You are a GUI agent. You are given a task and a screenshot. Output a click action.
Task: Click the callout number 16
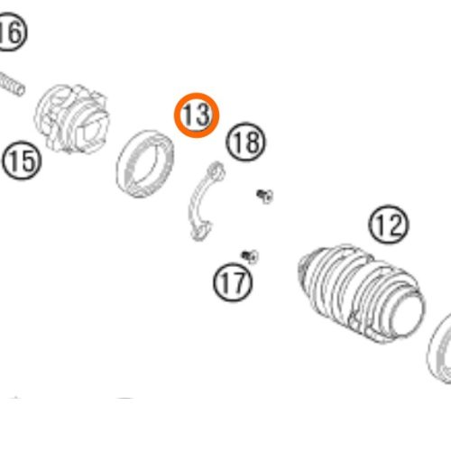tap(12, 32)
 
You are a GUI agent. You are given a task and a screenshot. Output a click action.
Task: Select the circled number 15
tap(22, 161)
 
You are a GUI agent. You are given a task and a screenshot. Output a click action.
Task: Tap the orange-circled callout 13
tap(197, 115)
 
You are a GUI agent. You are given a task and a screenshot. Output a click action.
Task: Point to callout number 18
tap(246, 142)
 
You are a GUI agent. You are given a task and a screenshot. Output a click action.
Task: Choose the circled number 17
tap(233, 282)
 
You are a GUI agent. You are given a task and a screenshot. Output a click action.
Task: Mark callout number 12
tap(389, 225)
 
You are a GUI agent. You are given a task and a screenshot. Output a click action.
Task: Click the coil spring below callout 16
tap(12, 84)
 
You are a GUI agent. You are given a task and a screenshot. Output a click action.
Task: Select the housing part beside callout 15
tap(72, 119)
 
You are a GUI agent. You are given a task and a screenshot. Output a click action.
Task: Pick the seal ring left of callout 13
tap(145, 164)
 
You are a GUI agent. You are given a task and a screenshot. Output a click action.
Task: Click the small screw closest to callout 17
tap(250, 256)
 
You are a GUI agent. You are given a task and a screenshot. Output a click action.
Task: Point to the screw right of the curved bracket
tap(265, 196)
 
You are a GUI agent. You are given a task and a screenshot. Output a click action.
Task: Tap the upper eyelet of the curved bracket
tap(217, 171)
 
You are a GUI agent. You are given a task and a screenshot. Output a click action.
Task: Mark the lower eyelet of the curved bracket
tap(199, 232)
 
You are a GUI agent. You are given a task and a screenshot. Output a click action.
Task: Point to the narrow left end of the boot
tap(304, 264)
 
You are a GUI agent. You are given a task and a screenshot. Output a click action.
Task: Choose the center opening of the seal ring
tap(146, 164)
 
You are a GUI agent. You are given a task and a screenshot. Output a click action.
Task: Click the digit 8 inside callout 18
tap(253, 142)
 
